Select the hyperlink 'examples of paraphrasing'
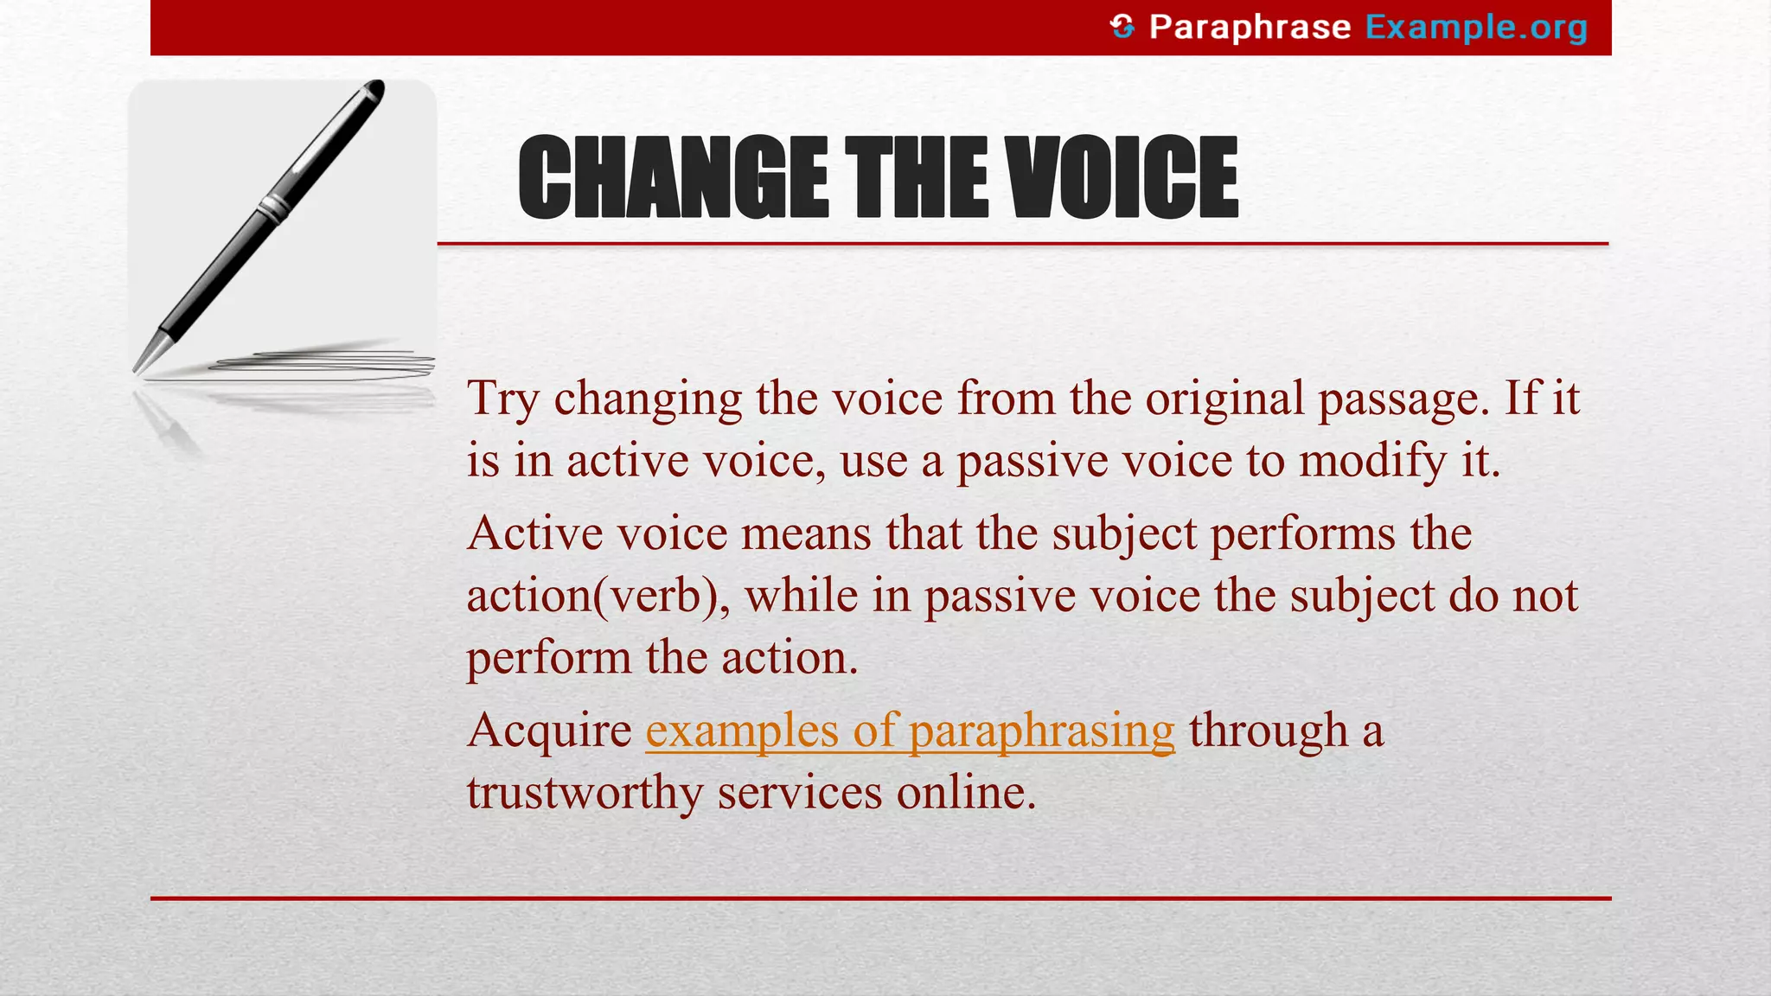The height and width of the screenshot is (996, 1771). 910,731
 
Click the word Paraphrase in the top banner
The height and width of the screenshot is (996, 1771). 1250,28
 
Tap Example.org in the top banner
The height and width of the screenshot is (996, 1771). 1476,28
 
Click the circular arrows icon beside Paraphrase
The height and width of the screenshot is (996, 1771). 1122,27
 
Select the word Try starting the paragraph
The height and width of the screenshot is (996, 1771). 503,399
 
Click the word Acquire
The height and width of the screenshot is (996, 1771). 550,731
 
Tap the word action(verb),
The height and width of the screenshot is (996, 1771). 598,596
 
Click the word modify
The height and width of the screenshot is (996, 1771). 1372,461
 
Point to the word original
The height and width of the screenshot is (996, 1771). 1224,399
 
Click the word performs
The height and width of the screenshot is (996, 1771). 1302,533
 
